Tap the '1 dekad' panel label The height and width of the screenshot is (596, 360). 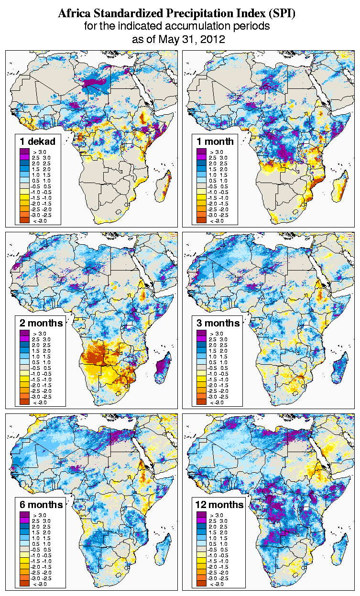(38, 141)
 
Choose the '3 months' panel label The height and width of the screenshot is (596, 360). (218, 323)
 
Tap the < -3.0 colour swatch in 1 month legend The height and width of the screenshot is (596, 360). (201, 220)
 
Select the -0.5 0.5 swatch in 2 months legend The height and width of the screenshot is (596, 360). (24, 368)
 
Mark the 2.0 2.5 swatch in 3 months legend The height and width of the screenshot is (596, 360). (201, 345)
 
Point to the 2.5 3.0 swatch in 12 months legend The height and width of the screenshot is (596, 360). (201, 521)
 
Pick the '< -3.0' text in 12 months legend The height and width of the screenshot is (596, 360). (217, 584)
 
